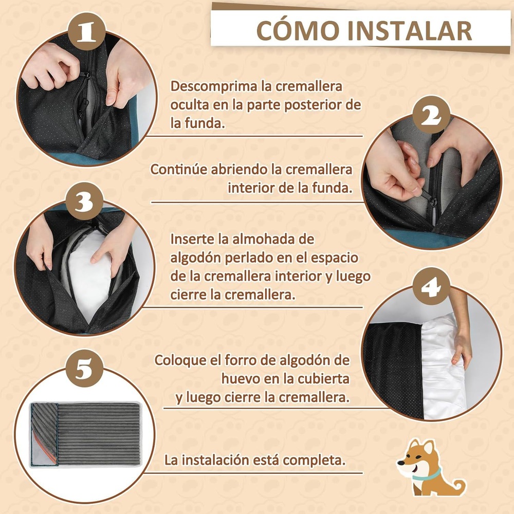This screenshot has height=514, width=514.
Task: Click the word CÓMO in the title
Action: [x=298, y=30]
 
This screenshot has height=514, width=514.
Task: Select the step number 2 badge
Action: [x=431, y=115]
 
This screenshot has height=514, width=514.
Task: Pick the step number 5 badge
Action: [x=85, y=368]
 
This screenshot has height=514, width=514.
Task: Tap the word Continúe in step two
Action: [x=179, y=170]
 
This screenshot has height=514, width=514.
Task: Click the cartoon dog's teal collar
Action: [x=426, y=474]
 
